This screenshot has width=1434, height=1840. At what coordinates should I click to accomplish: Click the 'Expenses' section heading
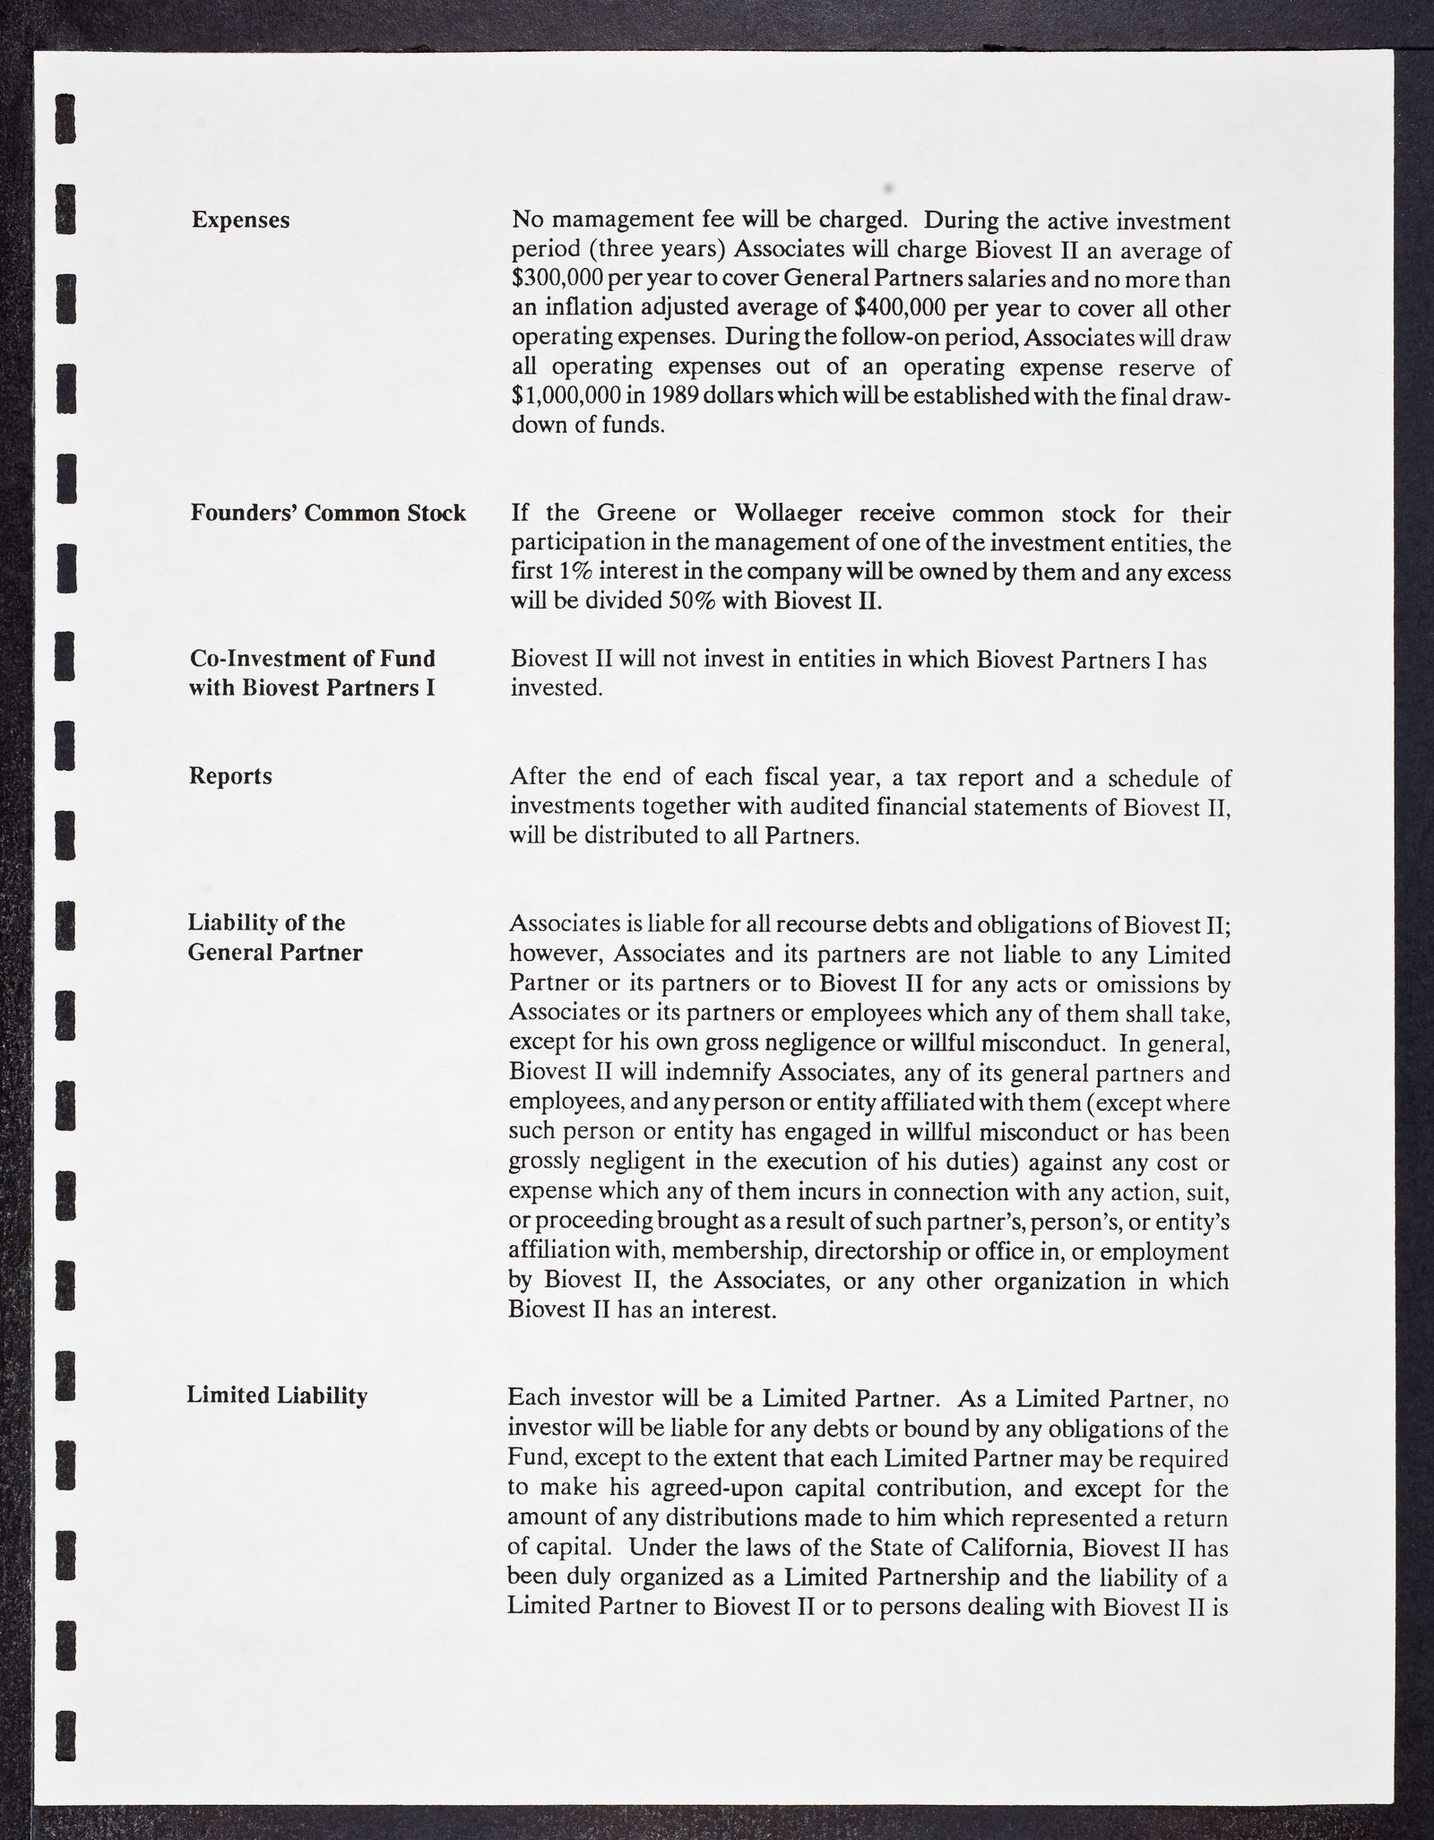coord(240,220)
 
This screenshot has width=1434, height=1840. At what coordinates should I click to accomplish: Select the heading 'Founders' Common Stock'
coord(328,513)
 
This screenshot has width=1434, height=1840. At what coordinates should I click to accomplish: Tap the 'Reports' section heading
coord(230,776)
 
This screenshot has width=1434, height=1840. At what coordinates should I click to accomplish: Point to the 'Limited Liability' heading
coord(277,1395)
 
